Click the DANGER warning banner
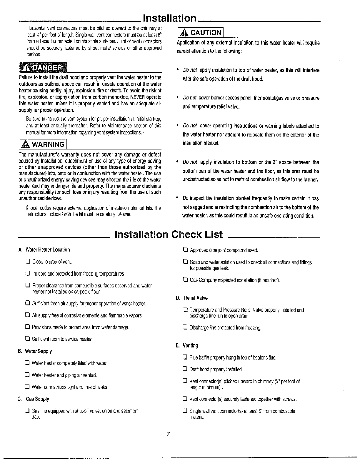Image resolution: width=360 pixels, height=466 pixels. click(x=43, y=68)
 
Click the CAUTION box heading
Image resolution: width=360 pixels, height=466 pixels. click(x=200, y=32)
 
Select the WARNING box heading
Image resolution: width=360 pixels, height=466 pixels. click(x=43, y=144)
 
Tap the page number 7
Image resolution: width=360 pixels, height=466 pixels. click(x=168, y=434)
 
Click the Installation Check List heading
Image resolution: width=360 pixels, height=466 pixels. click(x=169, y=234)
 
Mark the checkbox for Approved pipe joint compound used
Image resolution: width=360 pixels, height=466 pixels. click(x=185, y=250)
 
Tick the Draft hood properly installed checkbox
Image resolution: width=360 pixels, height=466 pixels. click(x=185, y=369)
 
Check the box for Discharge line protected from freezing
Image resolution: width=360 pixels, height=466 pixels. click(x=185, y=327)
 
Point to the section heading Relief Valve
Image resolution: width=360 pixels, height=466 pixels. click(x=196, y=298)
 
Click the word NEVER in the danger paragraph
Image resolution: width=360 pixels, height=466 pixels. click(x=137, y=97)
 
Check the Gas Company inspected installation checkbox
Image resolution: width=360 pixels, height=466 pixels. click(x=185, y=280)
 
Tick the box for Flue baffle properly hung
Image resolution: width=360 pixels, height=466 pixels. click(x=185, y=357)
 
